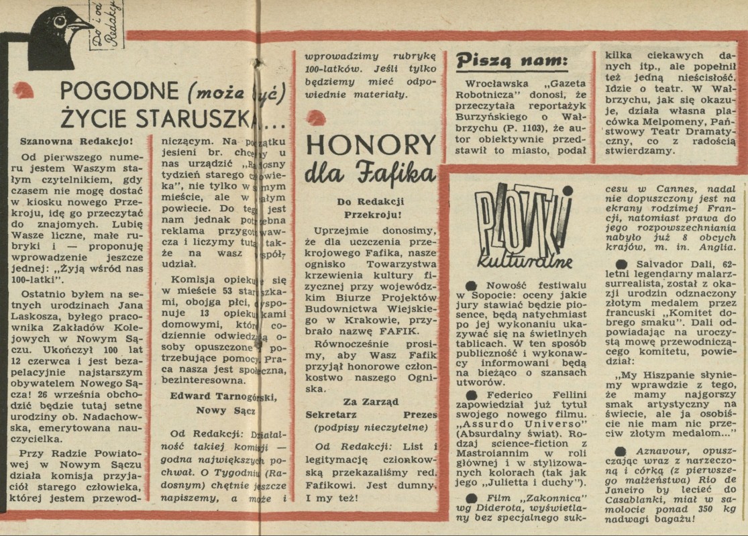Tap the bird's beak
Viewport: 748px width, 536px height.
(84, 25)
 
